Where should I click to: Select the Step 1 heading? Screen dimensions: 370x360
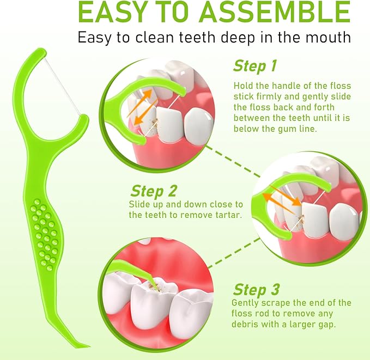[x=254, y=66]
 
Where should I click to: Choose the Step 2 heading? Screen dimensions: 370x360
[x=153, y=191]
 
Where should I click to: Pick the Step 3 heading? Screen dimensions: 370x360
[x=256, y=289]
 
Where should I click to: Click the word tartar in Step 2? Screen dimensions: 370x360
[x=229, y=215]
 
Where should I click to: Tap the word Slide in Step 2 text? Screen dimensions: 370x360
[x=139, y=204]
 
